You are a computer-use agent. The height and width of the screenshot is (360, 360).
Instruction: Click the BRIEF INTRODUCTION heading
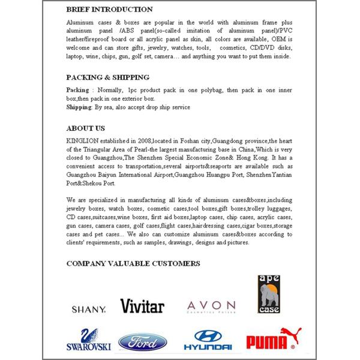pos(109,10)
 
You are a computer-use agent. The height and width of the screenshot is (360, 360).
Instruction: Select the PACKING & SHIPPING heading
pos(107,77)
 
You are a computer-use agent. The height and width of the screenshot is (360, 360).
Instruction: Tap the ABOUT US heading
pos(85,128)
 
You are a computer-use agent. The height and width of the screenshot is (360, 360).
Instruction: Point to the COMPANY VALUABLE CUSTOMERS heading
pos(133,263)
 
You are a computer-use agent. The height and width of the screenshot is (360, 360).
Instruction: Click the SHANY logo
pos(89,309)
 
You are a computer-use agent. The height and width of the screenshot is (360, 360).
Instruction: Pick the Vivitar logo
pos(142,306)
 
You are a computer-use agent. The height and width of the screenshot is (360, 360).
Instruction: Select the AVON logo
pos(211,307)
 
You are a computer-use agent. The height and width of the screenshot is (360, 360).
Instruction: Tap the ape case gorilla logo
pos(267,294)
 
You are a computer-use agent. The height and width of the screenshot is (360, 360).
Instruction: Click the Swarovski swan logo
pos(88,339)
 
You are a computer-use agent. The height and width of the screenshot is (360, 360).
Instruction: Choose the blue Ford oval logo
pos(142,342)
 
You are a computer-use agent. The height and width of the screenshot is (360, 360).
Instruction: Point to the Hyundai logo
pos(208,340)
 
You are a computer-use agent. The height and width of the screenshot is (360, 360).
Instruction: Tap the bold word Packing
pos(77,89)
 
